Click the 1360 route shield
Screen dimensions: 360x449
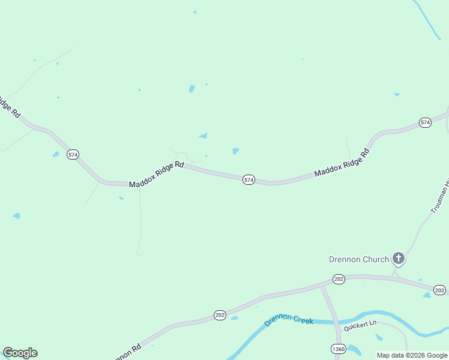coord(338,349)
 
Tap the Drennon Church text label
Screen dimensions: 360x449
coord(359,260)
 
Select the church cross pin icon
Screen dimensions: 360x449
coord(398,259)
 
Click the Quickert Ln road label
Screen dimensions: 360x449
coord(360,327)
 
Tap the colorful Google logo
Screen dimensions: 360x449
coord(20,353)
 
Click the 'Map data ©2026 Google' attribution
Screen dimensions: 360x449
coord(412,355)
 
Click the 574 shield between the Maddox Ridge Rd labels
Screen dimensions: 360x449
coord(249,180)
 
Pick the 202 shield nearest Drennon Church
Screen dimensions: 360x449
coord(339,280)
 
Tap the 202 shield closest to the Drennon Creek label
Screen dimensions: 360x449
coord(220,315)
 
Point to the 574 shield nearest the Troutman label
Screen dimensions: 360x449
coord(425,122)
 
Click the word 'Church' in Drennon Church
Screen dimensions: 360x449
coord(376,260)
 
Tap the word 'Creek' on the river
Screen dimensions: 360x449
coord(303,320)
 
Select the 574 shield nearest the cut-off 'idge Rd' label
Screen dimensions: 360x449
coord(73,154)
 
